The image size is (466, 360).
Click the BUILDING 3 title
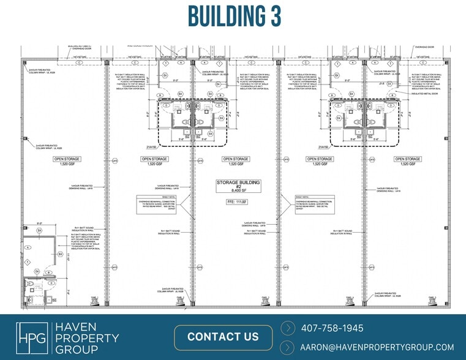point(233,17)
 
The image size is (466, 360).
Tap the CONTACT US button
point(223,337)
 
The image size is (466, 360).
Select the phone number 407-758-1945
point(332,328)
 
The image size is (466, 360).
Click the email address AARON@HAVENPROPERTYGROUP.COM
point(377,347)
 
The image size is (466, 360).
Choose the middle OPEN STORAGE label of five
point(235,161)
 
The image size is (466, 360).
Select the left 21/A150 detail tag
point(152,147)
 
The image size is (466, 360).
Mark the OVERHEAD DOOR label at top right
point(423,47)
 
